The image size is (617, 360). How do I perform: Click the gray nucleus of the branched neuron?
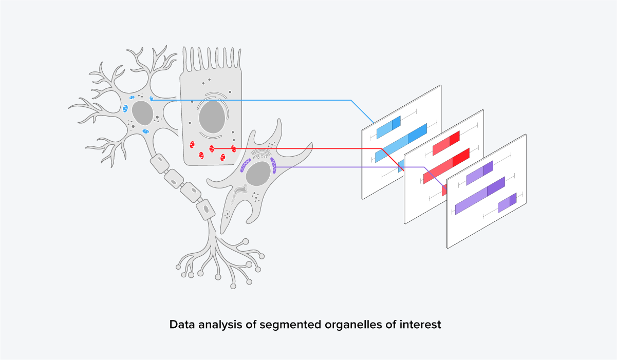click(x=142, y=112)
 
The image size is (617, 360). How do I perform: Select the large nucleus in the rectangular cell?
click(x=211, y=117)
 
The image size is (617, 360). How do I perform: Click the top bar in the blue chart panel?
click(x=388, y=127)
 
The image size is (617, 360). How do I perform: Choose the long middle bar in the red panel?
click(x=446, y=165)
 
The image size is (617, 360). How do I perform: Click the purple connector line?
click(x=349, y=167)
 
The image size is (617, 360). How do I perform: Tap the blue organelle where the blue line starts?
click(x=151, y=99)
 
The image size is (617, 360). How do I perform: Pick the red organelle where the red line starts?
click(x=212, y=149)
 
